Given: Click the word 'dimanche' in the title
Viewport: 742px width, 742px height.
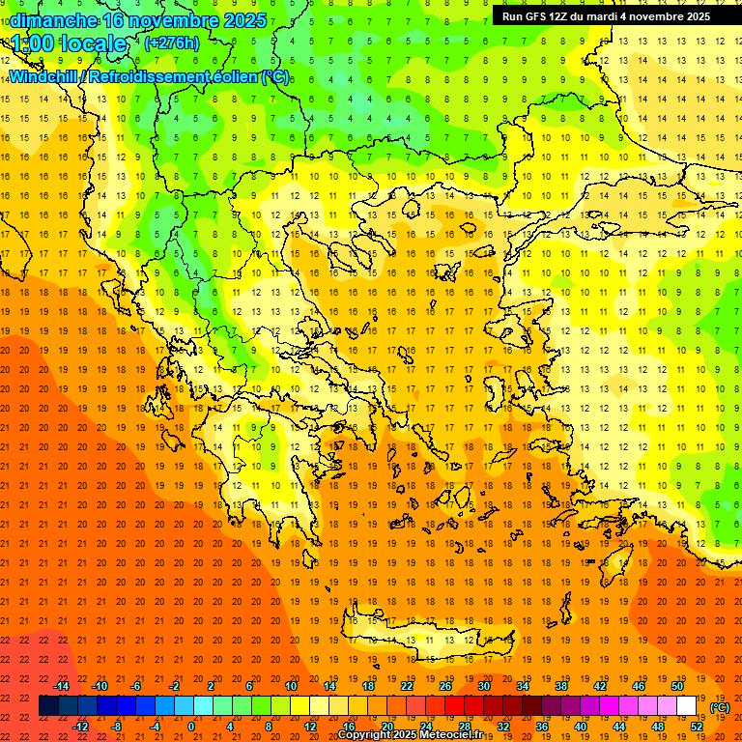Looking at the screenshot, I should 52,20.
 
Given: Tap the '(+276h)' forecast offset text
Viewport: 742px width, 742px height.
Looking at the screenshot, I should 172,43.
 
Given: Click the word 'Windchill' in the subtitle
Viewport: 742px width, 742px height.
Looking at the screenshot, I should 42,77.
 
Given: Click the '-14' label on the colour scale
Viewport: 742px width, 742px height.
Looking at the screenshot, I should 61,686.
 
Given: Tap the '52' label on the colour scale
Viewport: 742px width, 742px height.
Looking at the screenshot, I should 697,727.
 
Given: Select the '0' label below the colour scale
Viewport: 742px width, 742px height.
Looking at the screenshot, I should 191,727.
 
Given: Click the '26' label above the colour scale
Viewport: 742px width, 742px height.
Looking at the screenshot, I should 445,686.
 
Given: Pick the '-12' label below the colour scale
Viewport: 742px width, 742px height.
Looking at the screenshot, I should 80,727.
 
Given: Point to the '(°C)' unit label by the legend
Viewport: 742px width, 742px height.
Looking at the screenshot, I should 720,707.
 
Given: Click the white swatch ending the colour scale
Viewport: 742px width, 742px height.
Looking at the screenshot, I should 686,706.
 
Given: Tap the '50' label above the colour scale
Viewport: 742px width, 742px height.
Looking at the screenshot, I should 677,686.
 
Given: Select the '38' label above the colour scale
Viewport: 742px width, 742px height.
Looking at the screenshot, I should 561,686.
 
